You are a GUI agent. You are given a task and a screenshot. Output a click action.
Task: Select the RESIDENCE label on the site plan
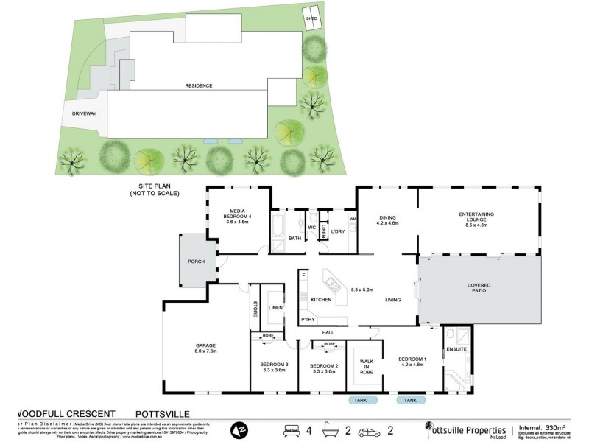[x=199, y=86]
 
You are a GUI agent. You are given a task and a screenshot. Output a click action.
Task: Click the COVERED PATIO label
[x=479, y=288]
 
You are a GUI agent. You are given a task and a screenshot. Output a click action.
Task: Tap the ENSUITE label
[x=456, y=349]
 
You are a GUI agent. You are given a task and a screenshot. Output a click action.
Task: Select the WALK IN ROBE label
[x=366, y=367]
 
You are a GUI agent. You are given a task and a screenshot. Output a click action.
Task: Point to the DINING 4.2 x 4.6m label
[x=387, y=220]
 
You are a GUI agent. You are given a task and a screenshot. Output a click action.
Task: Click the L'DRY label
[x=338, y=232]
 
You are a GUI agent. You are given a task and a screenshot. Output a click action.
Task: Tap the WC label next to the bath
[x=312, y=228]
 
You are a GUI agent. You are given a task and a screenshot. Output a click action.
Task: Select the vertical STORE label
[x=255, y=309]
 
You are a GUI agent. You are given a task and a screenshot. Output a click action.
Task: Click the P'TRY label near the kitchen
[x=308, y=319]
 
